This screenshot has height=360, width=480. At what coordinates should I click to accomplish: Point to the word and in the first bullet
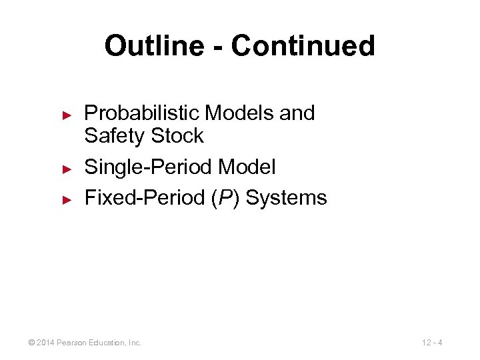coord(297,113)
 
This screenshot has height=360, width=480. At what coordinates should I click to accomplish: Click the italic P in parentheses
coord(220,198)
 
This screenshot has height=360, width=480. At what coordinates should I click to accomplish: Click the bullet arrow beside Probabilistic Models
coord(66,114)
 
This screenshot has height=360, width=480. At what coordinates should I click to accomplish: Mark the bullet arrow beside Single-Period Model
coord(66,168)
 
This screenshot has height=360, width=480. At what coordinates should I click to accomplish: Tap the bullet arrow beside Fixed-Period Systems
coord(66,199)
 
